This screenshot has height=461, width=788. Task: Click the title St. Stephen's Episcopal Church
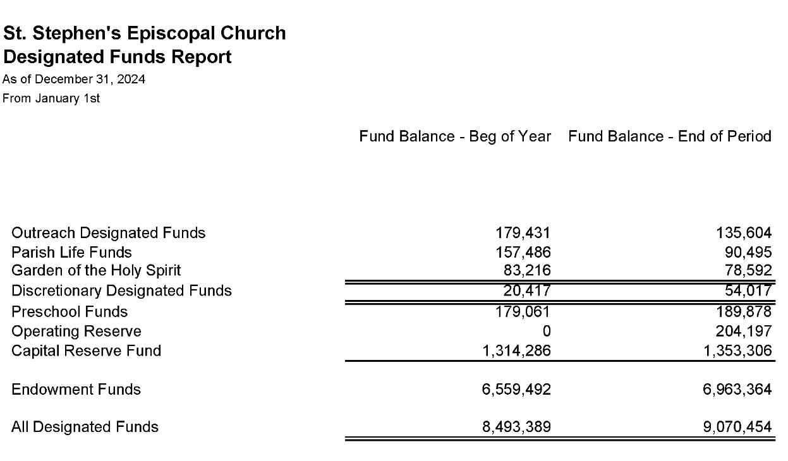point(144,33)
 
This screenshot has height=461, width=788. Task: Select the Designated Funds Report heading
point(118,57)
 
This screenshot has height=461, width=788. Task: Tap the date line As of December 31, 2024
point(74,79)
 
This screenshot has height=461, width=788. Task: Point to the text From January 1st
point(51,98)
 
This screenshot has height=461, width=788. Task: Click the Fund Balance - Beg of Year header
point(455,136)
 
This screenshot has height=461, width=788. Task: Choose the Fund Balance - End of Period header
point(670,136)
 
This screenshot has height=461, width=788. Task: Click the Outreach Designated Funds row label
point(108,233)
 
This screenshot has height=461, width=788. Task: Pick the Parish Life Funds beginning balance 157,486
point(523,253)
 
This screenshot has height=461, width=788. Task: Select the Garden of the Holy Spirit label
point(96,270)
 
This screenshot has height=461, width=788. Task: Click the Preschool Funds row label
point(70,312)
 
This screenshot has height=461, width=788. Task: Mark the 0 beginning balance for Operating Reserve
point(547,332)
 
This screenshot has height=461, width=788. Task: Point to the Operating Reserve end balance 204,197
point(744,332)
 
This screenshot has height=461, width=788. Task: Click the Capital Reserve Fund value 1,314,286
point(516,350)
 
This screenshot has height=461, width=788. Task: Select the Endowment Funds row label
point(76,389)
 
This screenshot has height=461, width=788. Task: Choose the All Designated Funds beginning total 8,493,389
point(516,427)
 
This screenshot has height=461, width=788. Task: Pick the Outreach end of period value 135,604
point(744,233)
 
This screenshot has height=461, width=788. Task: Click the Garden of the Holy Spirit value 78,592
point(747,271)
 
